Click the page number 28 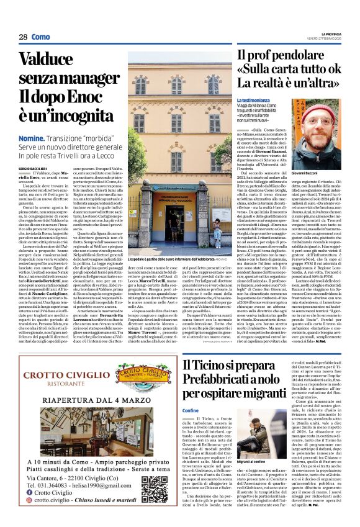coord(24,37)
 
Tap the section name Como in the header coord(41,37)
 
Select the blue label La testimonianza coord(253,99)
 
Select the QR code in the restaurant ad coord(155,488)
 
